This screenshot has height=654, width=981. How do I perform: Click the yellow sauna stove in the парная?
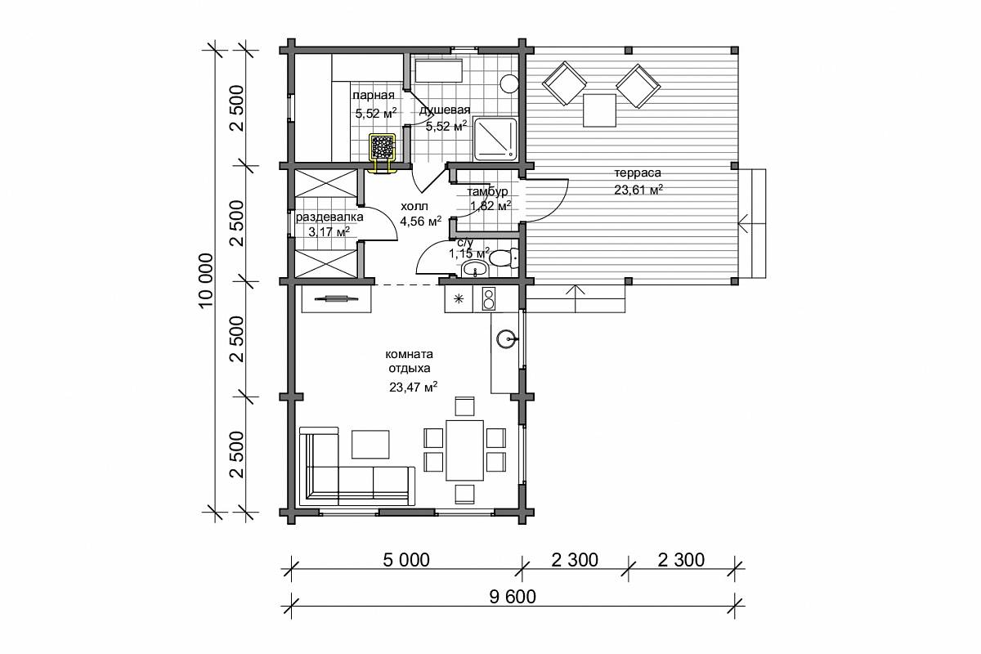(383, 147)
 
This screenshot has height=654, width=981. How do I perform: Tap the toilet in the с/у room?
(504, 258)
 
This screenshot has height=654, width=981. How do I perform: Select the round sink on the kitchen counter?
(507, 339)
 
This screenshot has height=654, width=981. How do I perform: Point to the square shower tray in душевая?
(495, 139)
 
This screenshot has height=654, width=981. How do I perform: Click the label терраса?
(637, 173)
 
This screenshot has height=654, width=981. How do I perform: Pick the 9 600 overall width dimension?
(512, 597)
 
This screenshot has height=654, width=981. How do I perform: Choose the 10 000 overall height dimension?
(206, 280)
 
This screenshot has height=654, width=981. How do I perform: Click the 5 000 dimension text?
(406, 560)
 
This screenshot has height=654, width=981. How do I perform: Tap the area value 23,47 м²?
(414, 387)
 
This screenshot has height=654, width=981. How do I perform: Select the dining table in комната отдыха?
(464, 450)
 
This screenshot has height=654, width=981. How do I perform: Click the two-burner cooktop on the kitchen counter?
(488, 298)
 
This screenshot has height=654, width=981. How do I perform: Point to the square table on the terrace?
(599, 110)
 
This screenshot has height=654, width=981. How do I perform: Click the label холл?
(414, 206)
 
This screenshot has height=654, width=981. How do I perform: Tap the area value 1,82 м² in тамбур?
(490, 206)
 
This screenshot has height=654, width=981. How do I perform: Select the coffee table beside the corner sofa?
(370, 444)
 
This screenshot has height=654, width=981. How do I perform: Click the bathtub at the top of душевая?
(439, 71)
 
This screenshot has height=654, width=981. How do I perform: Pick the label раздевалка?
(329, 217)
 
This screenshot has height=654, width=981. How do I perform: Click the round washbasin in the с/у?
(475, 268)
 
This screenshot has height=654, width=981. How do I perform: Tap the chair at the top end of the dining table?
(464, 406)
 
